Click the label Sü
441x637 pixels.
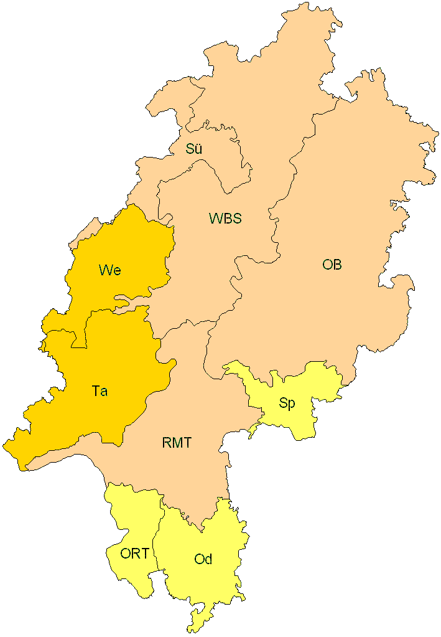click(193, 149)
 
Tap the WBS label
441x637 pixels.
click(225, 219)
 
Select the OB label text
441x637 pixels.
click(332, 265)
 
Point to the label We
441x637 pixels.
click(109, 270)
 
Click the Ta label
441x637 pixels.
click(100, 392)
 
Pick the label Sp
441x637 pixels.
click(287, 403)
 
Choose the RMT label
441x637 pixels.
click(177, 443)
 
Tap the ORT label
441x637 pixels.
click(135, 554)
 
